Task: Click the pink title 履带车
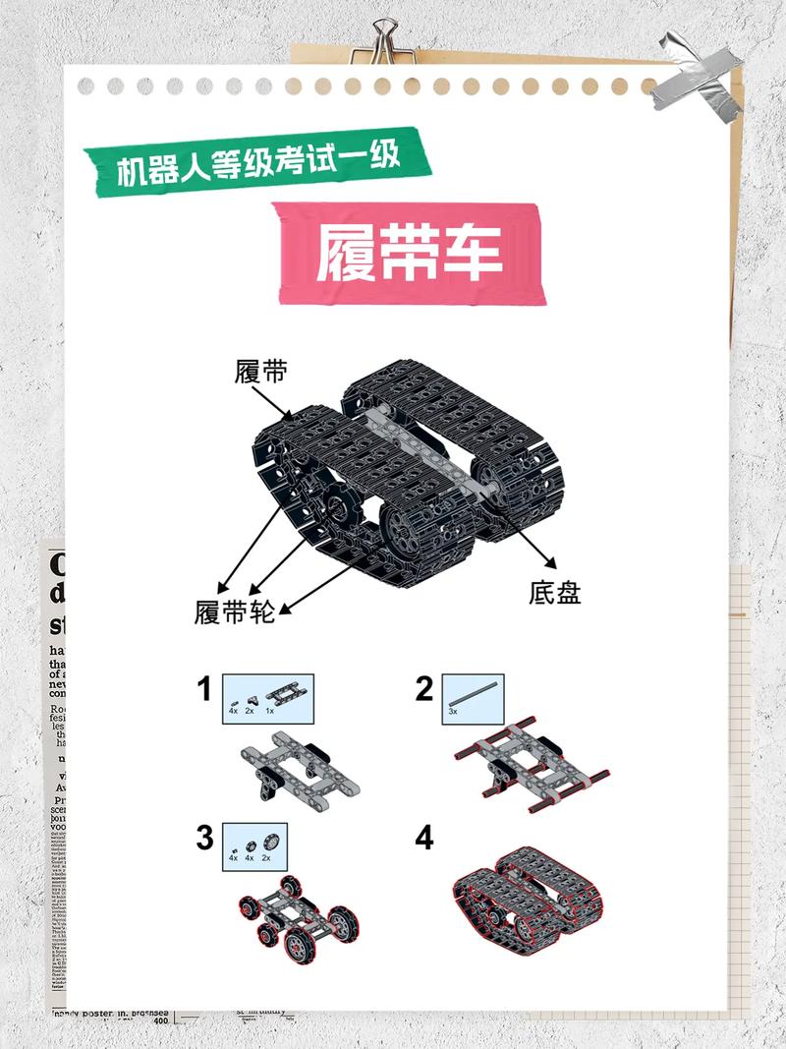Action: [x=409, y=254]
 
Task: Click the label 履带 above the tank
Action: [x=260, y=373]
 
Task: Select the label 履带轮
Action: [x=234, y=612]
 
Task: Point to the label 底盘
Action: [x=554, y=593]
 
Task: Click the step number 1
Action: [x=204, y=689]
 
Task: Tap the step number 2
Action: [x=423, y=689]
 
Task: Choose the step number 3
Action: [x=204, y=838]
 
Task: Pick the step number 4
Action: [x=423, y=838]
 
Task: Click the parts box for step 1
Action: [x=268, y=699]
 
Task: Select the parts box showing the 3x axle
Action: [x=474, y=699]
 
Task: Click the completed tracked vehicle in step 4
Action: [x=531, y=895]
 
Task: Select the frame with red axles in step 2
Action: [x=531, y=767]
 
